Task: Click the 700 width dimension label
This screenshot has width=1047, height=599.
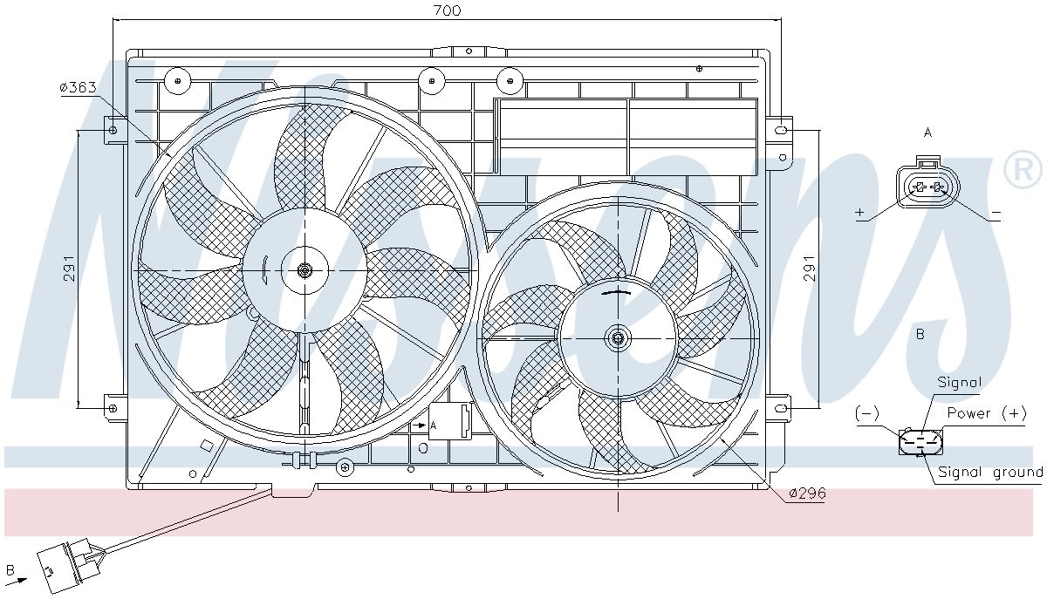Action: [448, 10]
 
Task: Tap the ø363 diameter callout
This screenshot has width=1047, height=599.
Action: [78, 87]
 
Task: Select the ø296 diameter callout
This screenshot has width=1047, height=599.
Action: [807, 493]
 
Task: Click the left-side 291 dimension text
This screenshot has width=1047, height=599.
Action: [69, 269]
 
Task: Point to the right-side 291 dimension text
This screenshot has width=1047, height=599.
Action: [809, 269]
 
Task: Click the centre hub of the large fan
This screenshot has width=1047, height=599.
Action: [305, 270]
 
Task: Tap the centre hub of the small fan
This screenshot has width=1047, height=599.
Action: [618, 337]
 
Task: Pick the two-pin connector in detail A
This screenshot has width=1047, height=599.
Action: [927, 185]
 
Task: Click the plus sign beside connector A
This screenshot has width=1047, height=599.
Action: [860, 213]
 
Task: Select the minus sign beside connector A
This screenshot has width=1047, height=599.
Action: [996, 213]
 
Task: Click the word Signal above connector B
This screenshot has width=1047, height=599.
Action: [960, 383]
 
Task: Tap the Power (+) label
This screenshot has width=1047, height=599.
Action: [987, 413]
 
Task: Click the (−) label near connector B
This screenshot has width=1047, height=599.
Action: [867, 413]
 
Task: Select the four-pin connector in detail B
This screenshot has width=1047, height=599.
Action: [920, 441]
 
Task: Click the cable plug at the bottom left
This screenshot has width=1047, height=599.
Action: [69, 565]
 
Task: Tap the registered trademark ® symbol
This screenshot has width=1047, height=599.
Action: [1023, 170]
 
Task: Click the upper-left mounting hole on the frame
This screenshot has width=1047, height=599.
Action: [113, 130]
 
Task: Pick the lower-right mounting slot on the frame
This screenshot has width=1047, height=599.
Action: [781, 408]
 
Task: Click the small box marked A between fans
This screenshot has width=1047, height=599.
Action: [449, 421]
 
